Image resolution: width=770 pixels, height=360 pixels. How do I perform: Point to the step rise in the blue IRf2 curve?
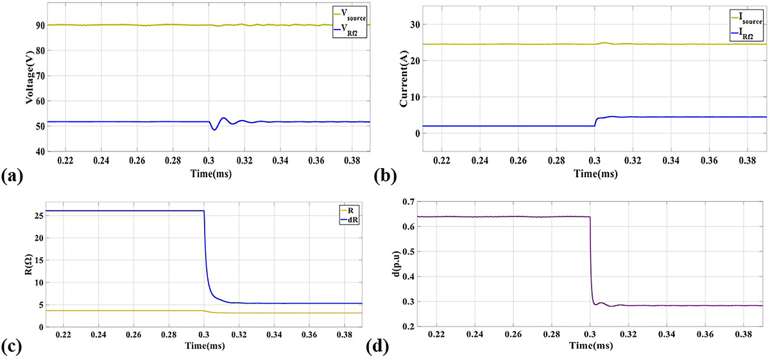tap(595, 121)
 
